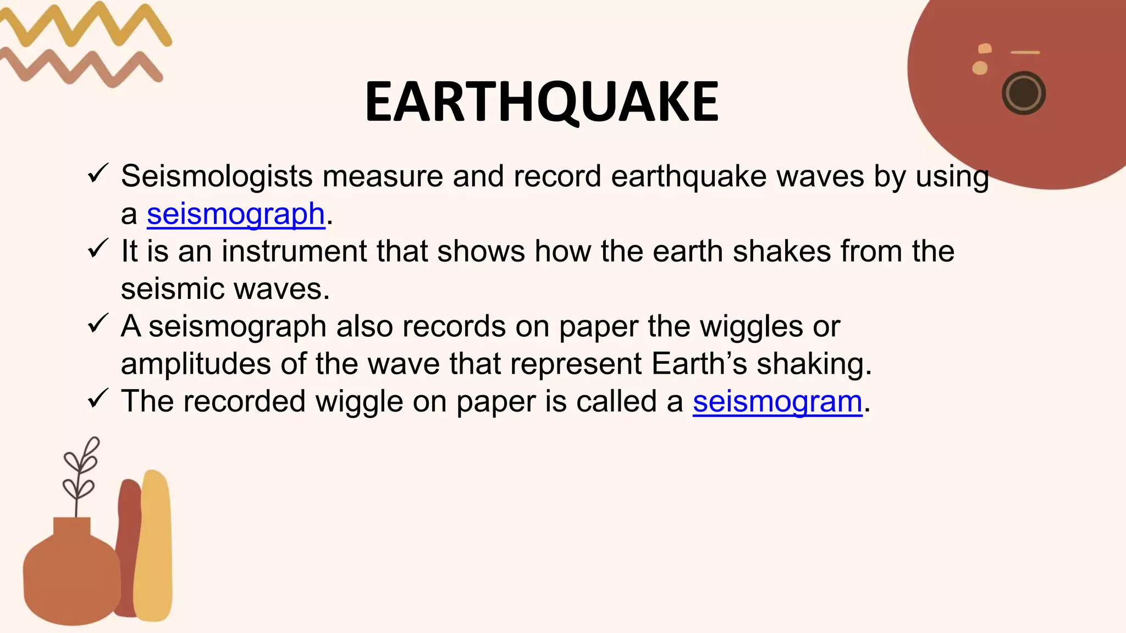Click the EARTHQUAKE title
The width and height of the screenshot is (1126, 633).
(x=542, y=102)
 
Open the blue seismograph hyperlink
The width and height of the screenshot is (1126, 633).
(x=236, y=214)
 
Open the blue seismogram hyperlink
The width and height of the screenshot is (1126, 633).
(x=777, y=401)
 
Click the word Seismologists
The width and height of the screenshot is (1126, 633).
(x=217, y=176)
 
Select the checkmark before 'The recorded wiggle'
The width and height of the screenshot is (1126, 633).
(x=98, y=399)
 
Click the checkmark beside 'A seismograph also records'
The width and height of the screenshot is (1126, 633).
(x=98, y=324)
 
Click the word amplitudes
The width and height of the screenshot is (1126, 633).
(x=196, y=364)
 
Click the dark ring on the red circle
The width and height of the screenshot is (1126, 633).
(x=1023, y=93)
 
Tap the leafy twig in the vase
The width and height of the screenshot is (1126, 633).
(x=80, y=473)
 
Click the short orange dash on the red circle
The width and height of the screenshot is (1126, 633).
(x=1025, y=53)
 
